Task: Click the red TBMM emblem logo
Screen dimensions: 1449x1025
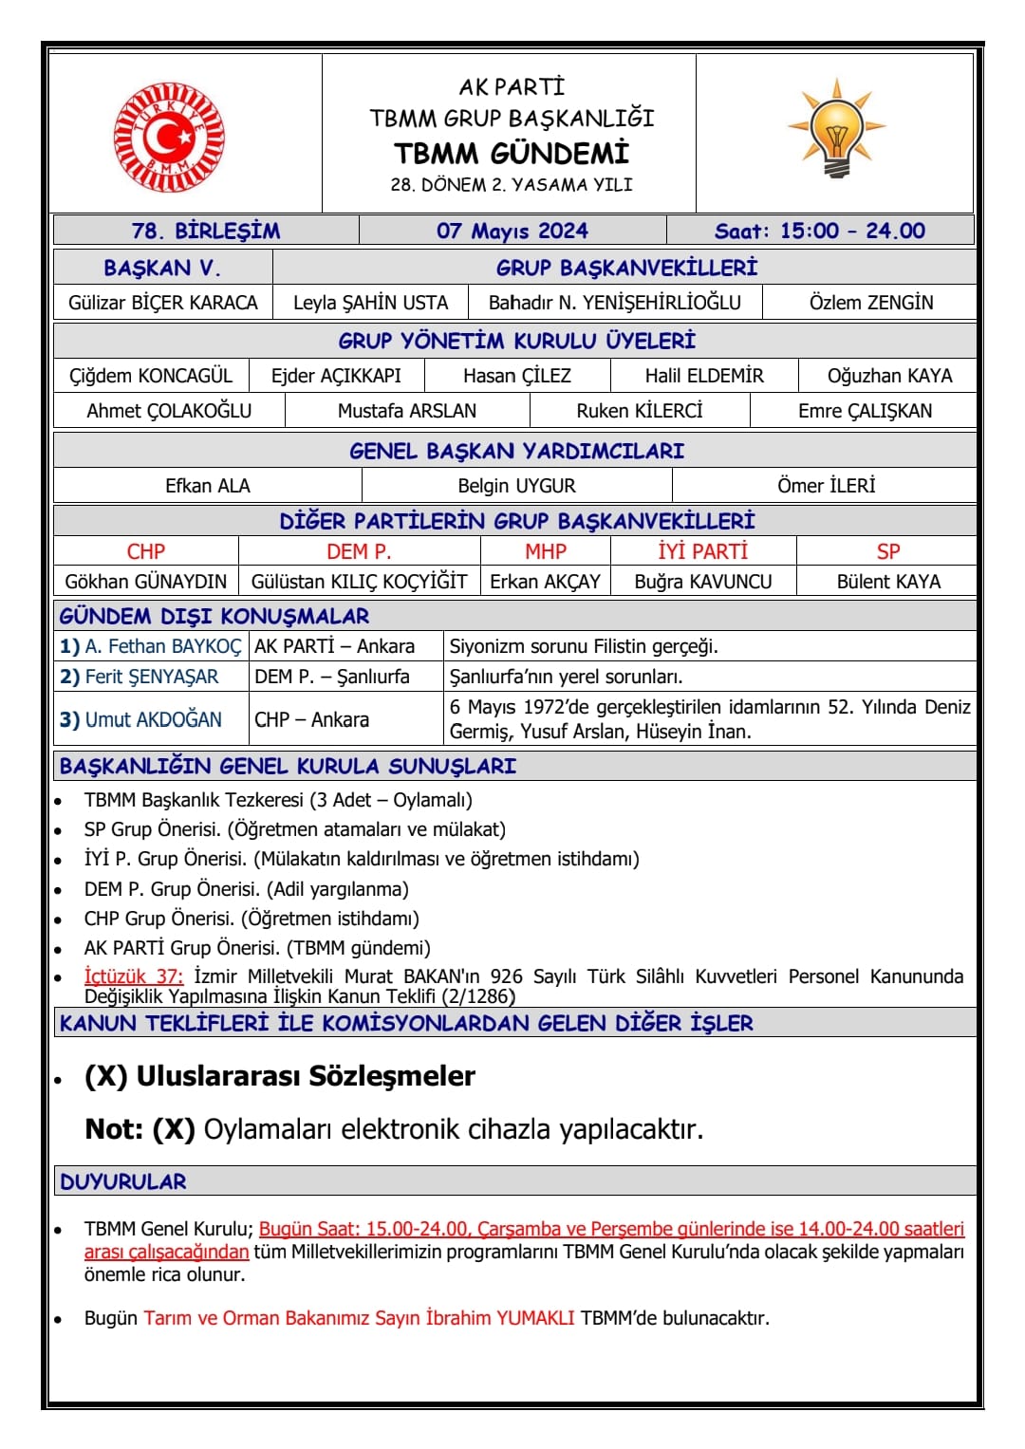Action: (x=169, y=138)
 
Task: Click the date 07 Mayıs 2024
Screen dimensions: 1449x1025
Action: (x=512, y=231)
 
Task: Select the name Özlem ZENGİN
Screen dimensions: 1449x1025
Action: (x=870, y=303)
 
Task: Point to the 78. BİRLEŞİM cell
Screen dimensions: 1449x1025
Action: (x=206, y=231)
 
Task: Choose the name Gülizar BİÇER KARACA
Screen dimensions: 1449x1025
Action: (x=163, y=303)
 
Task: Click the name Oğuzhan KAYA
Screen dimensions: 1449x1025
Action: (x=889, y=376)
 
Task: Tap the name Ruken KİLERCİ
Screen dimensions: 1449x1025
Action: (x=640, y=411)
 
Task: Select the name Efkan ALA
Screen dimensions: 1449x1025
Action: (x=208, y=486)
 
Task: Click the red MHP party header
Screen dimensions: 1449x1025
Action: (x=546, y=551)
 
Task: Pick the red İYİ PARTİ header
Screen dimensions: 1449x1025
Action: (x=702, y=551)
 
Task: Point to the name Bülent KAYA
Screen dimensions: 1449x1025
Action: (x=888, y=582)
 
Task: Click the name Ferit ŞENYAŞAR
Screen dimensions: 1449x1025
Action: (x=152, y=677)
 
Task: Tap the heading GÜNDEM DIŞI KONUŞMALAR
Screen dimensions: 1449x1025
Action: (x=214, y=616)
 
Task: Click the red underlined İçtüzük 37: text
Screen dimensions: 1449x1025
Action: (x=134, y=976)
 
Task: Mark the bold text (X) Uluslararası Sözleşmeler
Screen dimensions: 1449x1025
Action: (x=280, y=1076)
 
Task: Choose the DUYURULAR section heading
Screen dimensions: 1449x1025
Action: (x=123, y=1181)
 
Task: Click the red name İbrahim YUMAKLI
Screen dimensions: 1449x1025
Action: (x=500, y=1318)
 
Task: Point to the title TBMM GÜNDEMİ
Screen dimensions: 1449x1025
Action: (x=512, y=153)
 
